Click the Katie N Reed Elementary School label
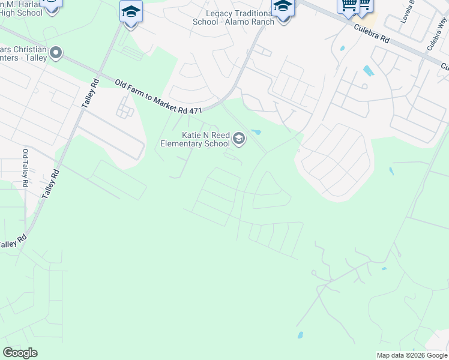point(195,139)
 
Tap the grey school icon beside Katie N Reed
point(239,140)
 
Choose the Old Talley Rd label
point(25,169)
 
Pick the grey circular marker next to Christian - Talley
point(56,53)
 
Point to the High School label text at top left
point(22,13)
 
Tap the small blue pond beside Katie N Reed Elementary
point(256,132)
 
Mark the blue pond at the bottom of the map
point(300,335)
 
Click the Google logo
point(20,353)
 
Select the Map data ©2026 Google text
point(411,355)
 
